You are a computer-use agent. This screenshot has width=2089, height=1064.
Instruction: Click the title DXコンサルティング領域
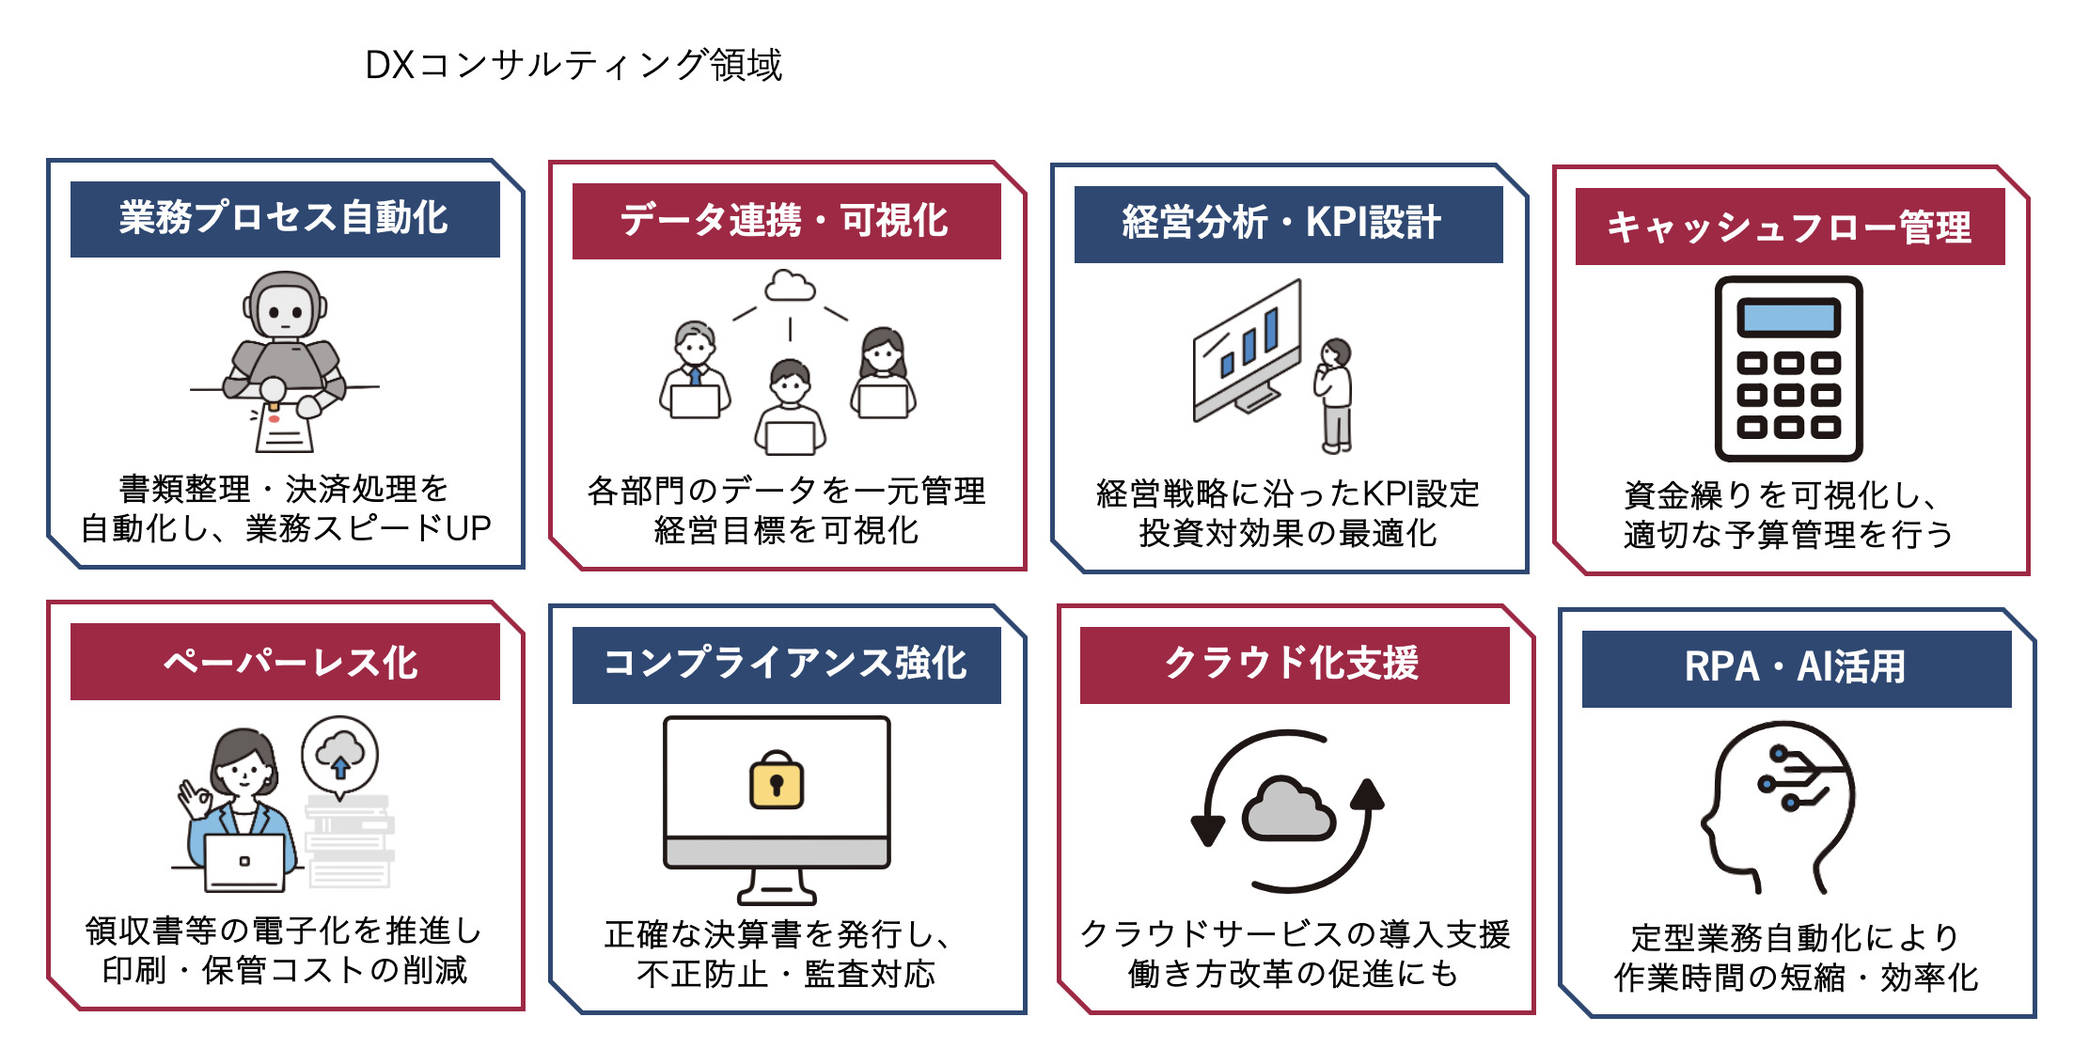click(573, 65)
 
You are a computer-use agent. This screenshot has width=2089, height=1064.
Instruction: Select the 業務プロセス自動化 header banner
click(285, 218)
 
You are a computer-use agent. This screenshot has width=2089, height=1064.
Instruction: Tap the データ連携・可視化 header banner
click(786, 221)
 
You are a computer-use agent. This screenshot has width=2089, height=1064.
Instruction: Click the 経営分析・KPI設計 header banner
click(1288, 224)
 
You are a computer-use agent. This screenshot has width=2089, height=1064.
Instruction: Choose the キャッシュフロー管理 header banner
click(1789, 227)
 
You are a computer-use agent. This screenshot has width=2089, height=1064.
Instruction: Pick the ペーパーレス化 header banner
click(285, 662)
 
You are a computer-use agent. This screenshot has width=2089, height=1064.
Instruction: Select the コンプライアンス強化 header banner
click(786, 664)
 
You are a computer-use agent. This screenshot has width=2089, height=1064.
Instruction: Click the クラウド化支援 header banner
click(1294, 664)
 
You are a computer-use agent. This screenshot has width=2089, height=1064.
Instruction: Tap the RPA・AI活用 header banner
click(1796, 667)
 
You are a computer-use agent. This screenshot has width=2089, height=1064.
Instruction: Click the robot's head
click(285, 305)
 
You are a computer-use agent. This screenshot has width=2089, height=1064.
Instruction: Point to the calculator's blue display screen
click(1788, 318)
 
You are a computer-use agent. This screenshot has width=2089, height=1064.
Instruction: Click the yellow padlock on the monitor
click(777, 781)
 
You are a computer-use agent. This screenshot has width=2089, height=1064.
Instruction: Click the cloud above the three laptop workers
click(790, 285)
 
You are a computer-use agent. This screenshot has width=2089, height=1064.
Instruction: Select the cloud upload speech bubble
click(340, 755)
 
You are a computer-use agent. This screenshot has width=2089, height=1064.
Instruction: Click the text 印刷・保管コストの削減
click(285, 970)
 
